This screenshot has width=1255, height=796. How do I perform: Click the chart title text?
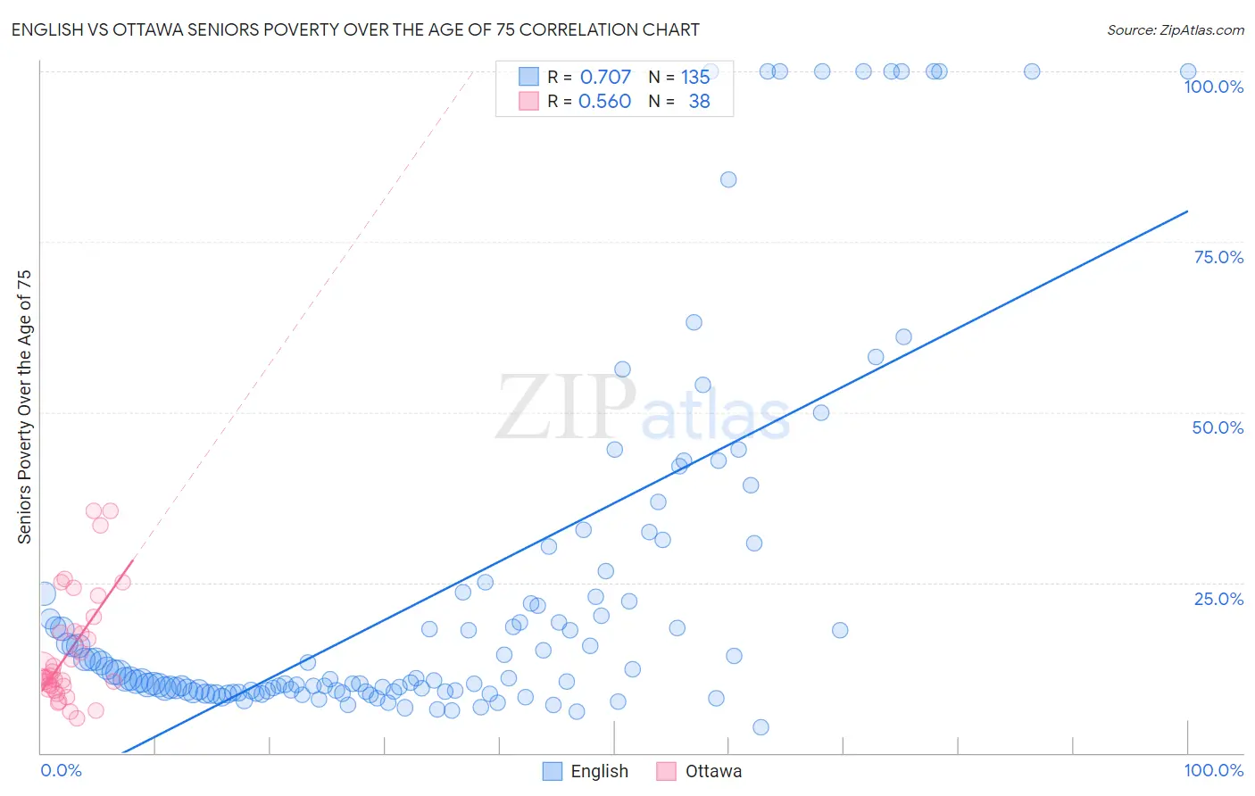(355, 29)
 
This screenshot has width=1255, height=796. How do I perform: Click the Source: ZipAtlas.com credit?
(1175, 29)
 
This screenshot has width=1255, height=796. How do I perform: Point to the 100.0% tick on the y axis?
(1213, 87)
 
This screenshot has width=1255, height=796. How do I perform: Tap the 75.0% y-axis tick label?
(1218, 257)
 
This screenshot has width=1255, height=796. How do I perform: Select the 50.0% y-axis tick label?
(1218, 427)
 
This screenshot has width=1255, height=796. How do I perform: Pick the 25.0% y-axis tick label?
(1218, 599)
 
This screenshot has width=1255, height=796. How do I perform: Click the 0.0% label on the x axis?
(61, 770)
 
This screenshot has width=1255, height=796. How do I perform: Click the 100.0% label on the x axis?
(1213, 770)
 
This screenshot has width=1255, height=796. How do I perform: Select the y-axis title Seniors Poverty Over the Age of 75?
(24, 407)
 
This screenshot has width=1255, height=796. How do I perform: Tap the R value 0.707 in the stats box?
(605, 77)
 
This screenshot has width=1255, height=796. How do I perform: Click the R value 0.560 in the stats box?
(605, 101)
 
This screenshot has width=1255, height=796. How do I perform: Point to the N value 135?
(695, 77)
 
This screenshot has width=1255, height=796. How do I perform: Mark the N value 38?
(699, 101)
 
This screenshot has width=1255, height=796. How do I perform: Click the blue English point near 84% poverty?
(728, 179)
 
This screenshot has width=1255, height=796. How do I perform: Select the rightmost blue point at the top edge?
(1188, 71)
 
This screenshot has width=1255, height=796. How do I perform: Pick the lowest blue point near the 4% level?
(760, 727)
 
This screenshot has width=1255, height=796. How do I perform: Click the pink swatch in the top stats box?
(528, 101)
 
